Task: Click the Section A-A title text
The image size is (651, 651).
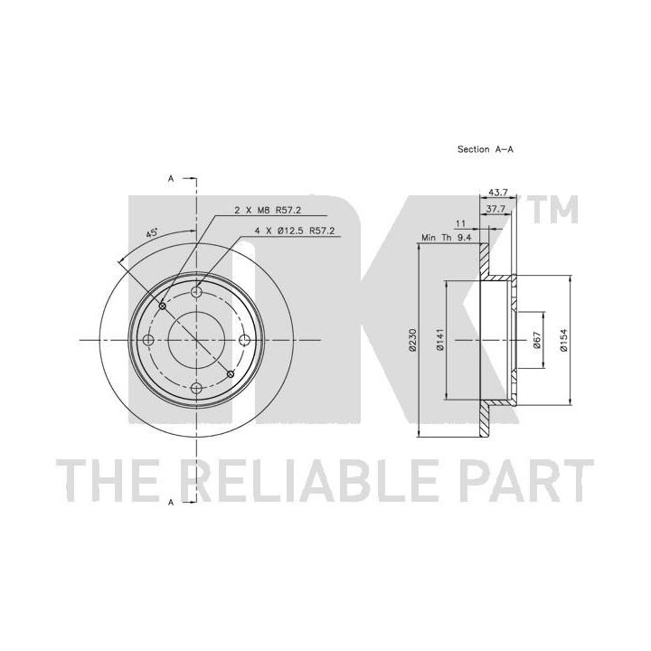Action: (x=485, y=149)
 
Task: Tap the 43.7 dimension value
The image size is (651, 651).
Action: (x=498, y=193)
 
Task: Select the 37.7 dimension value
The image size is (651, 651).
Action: (x=495, y=209)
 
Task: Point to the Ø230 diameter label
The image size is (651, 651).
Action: (x=412, y=341)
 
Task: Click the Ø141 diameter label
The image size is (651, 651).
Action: (x=440, y=340)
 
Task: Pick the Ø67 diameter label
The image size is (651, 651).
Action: (x=536, y=340)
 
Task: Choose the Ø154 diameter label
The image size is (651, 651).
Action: (x=563, y=341)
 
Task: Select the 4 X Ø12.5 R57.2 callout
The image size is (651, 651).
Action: (x=295, y=231)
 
